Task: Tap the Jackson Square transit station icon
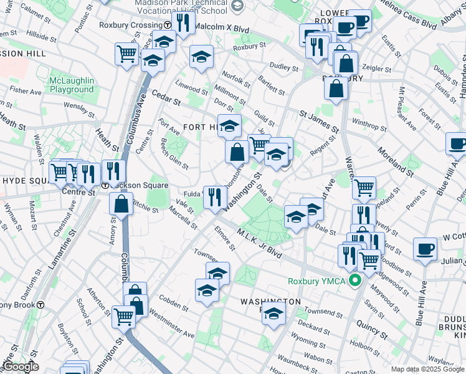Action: pyautogui.click(x=106, y=186)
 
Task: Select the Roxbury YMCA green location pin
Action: pyautogui.click(x=356, y=280)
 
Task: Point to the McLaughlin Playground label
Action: pyautogui.click(x=72, y=85)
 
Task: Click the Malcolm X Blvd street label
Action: pyautogui.click(x=221, y=29)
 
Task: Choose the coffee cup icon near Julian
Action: pyautogui.click(x=426, y=249)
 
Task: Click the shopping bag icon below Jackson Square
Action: pyautogui.click(x=121, y=203)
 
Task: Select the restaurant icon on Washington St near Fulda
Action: pyautogui.click(x=215, y=198)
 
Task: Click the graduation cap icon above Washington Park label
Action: pyautogui.click(x=217, y=274)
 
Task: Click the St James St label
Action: pyautogui.click(x=318, y=120)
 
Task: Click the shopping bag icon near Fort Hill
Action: pyautogui.click(x=237, y=151)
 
